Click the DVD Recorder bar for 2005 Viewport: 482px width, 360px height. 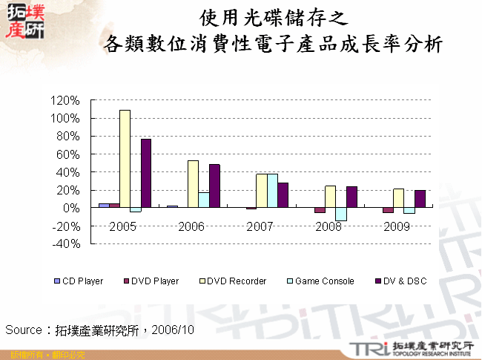pos(125,159)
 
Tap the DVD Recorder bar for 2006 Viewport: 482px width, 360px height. pos(193,184)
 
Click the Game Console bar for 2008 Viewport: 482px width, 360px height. pos(340,214)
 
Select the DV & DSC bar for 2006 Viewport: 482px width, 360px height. pos(214,186)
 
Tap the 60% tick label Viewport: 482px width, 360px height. pos(66,154)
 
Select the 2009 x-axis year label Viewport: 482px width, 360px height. pos(397,226)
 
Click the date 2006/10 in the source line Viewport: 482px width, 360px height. pos(173,329)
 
